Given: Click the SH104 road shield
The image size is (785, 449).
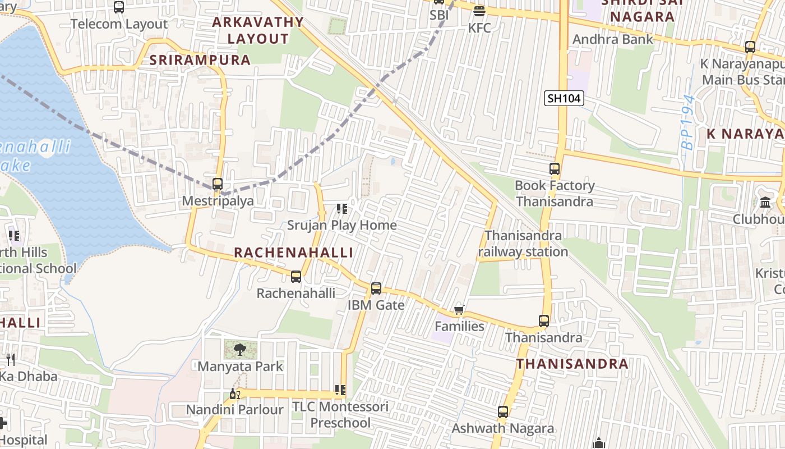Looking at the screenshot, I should tap(564, 99).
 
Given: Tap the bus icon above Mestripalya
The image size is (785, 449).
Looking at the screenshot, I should tap(218, 184).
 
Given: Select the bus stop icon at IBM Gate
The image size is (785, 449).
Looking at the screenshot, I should tap(376, 288).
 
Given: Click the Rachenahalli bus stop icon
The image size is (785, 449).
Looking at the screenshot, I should tap(296, 277).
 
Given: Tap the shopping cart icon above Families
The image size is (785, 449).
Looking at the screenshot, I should tap(459, 310).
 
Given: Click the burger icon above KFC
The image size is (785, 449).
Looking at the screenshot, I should tap(479, 11).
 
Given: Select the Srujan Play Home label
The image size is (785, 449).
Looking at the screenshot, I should tap(341, 225).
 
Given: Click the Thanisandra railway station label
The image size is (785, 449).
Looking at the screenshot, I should tap(523, 244).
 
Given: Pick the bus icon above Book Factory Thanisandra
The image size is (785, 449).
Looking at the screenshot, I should tap(555, 168).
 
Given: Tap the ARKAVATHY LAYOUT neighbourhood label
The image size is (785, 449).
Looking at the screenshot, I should tap(258, 30).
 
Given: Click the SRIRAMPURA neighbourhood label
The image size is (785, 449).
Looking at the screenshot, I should tap(200, 60).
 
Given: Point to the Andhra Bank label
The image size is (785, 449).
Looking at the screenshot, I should tap(613, 39).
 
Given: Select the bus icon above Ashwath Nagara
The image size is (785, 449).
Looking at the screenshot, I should tap(503, 412).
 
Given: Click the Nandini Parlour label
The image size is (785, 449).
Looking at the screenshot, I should tap(234, 410).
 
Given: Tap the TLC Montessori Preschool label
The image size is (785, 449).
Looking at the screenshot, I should tap(340, 414).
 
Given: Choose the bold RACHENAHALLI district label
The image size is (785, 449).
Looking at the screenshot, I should tap(293, 253).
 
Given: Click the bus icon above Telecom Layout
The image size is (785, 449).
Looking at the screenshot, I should tap(119, 7).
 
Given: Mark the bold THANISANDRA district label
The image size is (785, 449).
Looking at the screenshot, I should tap(572, 364).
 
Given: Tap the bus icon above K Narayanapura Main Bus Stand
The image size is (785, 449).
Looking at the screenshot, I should tap(750, 47).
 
